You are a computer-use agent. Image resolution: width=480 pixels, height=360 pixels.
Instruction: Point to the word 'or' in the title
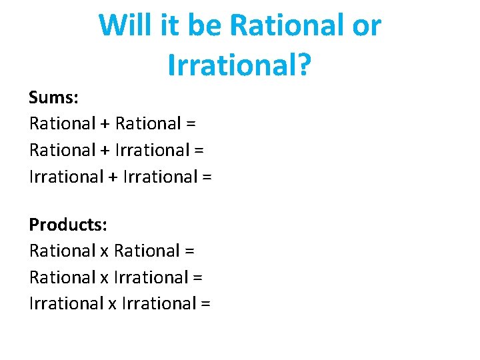click(365, 26)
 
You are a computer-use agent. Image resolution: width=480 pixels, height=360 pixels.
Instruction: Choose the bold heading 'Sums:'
click(54, 97)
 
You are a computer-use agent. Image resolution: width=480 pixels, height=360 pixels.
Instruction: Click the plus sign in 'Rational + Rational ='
click(106, 124)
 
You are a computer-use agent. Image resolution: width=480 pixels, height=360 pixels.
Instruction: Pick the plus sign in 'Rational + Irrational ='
click(106, 151)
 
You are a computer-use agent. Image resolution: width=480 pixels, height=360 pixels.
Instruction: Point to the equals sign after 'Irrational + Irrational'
click(206, 177)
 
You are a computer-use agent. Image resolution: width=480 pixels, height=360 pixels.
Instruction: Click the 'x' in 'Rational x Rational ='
click(105, 252)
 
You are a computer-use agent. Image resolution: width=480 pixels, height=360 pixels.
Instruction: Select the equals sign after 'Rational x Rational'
click(189, 251)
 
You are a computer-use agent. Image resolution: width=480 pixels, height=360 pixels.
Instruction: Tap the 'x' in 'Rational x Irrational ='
click(105, 278)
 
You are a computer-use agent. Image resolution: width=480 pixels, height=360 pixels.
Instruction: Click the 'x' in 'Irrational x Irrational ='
click(113, 305)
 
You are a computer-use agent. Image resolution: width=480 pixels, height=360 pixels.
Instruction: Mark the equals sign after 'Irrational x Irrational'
click(205, 304)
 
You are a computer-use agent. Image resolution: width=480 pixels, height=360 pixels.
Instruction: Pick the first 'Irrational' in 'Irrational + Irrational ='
click(66, 177)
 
